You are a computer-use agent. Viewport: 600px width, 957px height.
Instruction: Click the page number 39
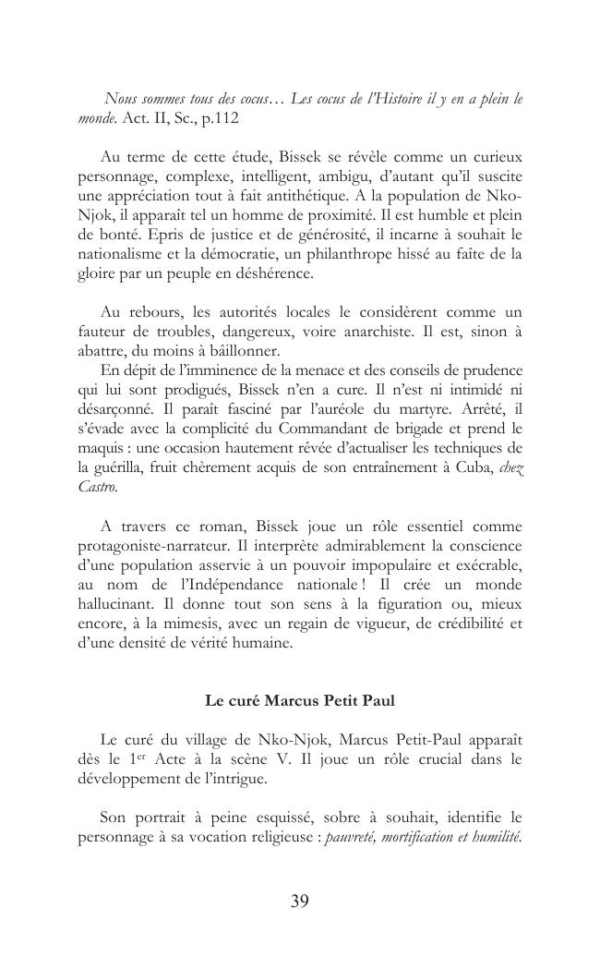click(x=300, y=902)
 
